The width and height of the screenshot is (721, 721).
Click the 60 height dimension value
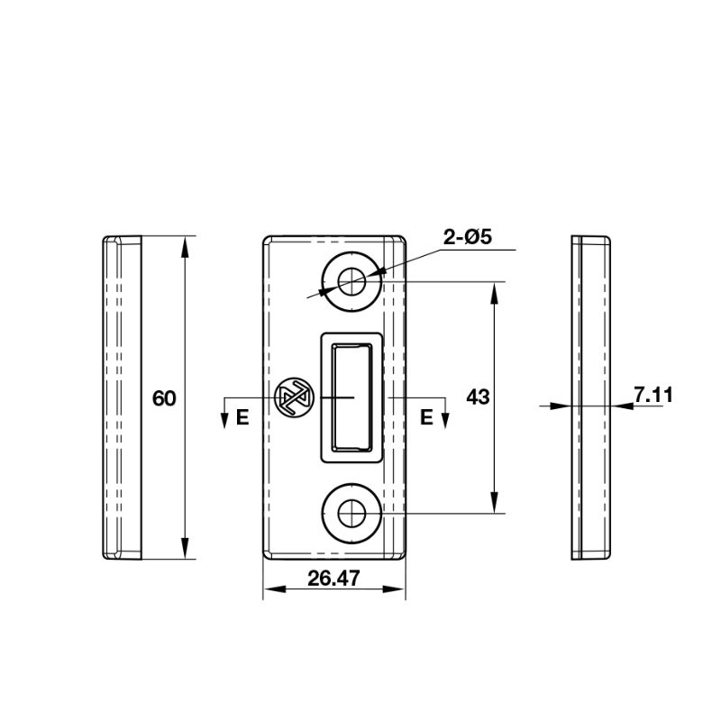click(x=164, y=397)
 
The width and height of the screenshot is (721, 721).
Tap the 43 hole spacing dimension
click(x=478, y=397)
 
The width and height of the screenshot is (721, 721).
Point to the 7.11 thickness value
click(x=653, y=394)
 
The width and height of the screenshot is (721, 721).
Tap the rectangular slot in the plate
click(x=351, y=397)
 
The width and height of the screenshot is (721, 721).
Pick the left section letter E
click(x=242, y=416)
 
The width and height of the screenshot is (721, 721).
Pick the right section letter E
click(x=426, y=416)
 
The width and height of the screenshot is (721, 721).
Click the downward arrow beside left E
click(x=224, y=418)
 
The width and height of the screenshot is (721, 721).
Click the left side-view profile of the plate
click(x=123, y=397)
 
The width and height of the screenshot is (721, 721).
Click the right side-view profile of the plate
click(x=592, y=397)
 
